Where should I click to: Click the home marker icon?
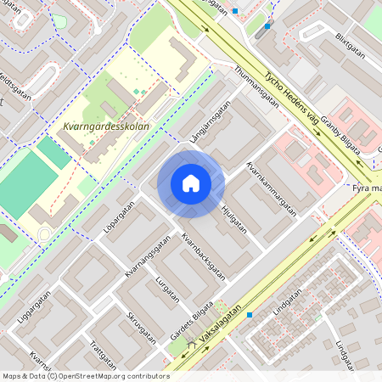click(191, 183)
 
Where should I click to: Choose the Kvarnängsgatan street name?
click(142, 257)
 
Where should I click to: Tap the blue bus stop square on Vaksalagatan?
click(250, 315)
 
